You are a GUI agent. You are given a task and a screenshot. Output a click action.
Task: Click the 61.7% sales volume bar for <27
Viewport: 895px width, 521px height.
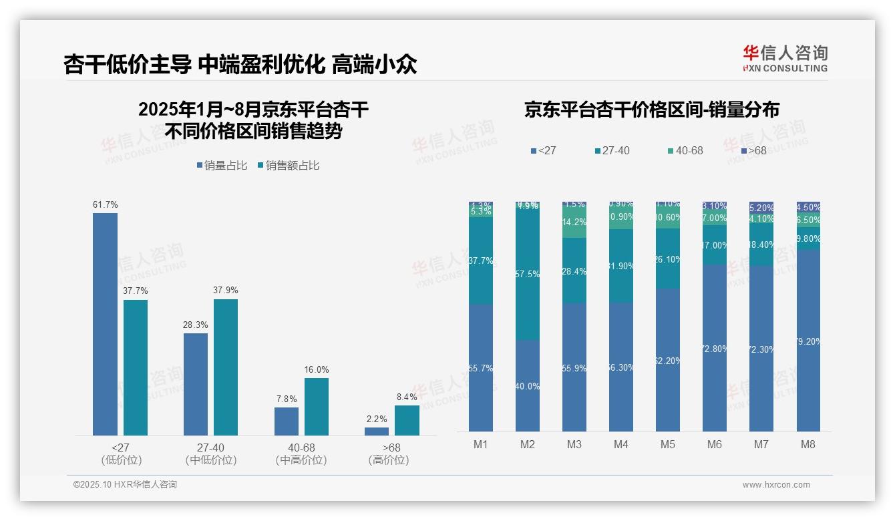point(105,324)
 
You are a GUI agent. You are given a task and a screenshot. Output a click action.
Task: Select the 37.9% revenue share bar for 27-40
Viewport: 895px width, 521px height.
point(226,367)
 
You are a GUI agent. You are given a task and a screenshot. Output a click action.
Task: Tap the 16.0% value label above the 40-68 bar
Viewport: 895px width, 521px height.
point(317,369)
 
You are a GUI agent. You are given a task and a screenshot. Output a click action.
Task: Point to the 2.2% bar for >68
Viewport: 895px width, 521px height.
point(377,431)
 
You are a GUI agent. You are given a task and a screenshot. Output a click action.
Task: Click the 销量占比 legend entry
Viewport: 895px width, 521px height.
point(225,165)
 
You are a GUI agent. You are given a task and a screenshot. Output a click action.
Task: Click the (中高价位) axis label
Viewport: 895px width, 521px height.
point(301,460)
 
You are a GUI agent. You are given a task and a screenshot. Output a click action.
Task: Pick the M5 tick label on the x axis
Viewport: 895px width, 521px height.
point(668,444)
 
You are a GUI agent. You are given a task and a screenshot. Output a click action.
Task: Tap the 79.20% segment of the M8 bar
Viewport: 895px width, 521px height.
point(808,341)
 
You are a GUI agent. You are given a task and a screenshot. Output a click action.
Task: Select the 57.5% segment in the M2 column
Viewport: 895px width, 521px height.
point(528,274)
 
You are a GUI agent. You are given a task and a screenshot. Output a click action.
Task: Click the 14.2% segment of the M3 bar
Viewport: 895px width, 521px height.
point(574,222)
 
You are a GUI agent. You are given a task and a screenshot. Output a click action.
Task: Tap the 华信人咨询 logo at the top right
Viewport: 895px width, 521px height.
point(785,57)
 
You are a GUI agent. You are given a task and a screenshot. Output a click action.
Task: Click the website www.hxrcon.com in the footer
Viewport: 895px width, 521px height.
point(776,485)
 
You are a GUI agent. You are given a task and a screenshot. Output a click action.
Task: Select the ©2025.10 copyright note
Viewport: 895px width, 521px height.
point(125,485)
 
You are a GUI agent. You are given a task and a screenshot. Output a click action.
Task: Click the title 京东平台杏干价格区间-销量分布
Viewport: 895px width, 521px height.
point(651,110)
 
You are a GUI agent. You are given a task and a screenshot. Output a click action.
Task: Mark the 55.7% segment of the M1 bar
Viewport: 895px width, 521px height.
point(481,368)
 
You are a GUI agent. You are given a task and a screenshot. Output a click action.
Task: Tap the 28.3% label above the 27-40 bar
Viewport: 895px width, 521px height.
point(196,325)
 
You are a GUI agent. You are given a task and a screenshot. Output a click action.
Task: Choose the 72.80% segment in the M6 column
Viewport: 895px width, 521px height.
point(715,348)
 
